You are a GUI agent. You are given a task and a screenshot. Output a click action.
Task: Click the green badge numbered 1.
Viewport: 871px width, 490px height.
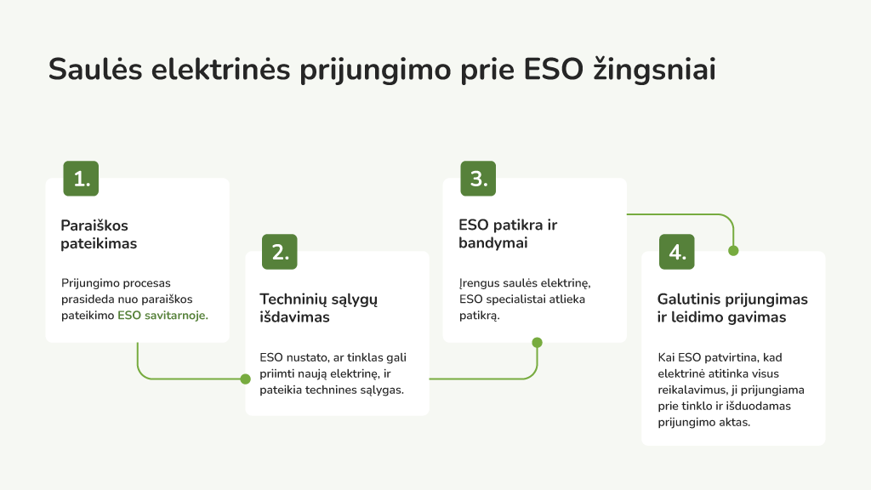coord(81,179)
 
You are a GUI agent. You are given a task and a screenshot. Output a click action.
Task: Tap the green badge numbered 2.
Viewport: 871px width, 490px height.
coord(279,252)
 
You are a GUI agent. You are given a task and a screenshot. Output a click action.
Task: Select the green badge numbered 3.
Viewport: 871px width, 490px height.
coord(478,179)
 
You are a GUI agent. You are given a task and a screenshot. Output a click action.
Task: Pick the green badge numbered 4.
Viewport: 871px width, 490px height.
coord(676,252)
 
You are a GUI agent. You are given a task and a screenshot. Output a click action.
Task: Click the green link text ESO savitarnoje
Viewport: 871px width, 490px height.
coord(162,316)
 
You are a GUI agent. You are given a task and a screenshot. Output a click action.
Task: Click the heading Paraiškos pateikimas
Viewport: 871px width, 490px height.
coord(99,235)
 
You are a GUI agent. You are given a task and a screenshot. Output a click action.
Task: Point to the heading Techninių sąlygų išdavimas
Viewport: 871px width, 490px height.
coord(318,308)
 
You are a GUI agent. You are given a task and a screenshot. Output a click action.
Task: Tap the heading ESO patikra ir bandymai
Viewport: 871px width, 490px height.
coord(508,234)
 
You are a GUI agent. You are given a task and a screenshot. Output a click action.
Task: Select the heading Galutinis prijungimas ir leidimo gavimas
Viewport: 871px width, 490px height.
coord(732,308)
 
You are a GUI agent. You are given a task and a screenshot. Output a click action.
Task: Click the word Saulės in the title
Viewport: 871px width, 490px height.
coord(95,70)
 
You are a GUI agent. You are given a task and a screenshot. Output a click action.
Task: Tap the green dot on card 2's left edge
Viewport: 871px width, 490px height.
coord(246,379)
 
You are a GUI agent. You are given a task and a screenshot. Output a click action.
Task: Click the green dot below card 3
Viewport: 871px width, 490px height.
coord(538,342)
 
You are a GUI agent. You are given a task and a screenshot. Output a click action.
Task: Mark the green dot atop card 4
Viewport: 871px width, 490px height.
coord(733,251)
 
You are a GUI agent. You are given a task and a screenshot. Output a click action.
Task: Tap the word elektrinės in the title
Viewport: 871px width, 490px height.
coord(220,70)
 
